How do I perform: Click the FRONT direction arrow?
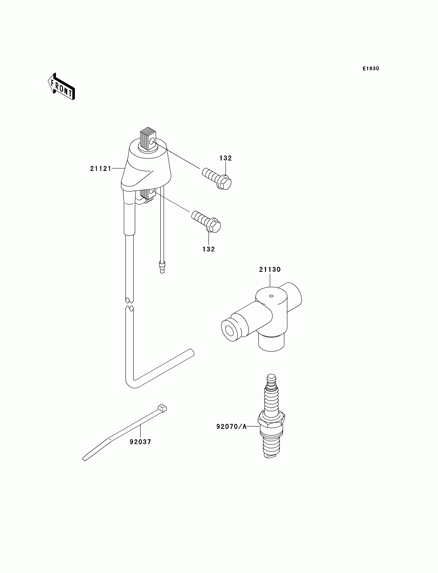click(x=61, y=87)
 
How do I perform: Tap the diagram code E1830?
click(x=371, y=69)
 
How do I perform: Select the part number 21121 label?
click(x=101, y=169)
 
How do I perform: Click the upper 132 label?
click(x=225, y=158)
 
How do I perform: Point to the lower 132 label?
click(x=209, y=249)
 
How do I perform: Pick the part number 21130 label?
click(x=270, y=269)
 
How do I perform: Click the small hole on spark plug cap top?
click(x=271, y=296)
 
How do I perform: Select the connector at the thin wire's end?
click(x=162, y=268)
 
